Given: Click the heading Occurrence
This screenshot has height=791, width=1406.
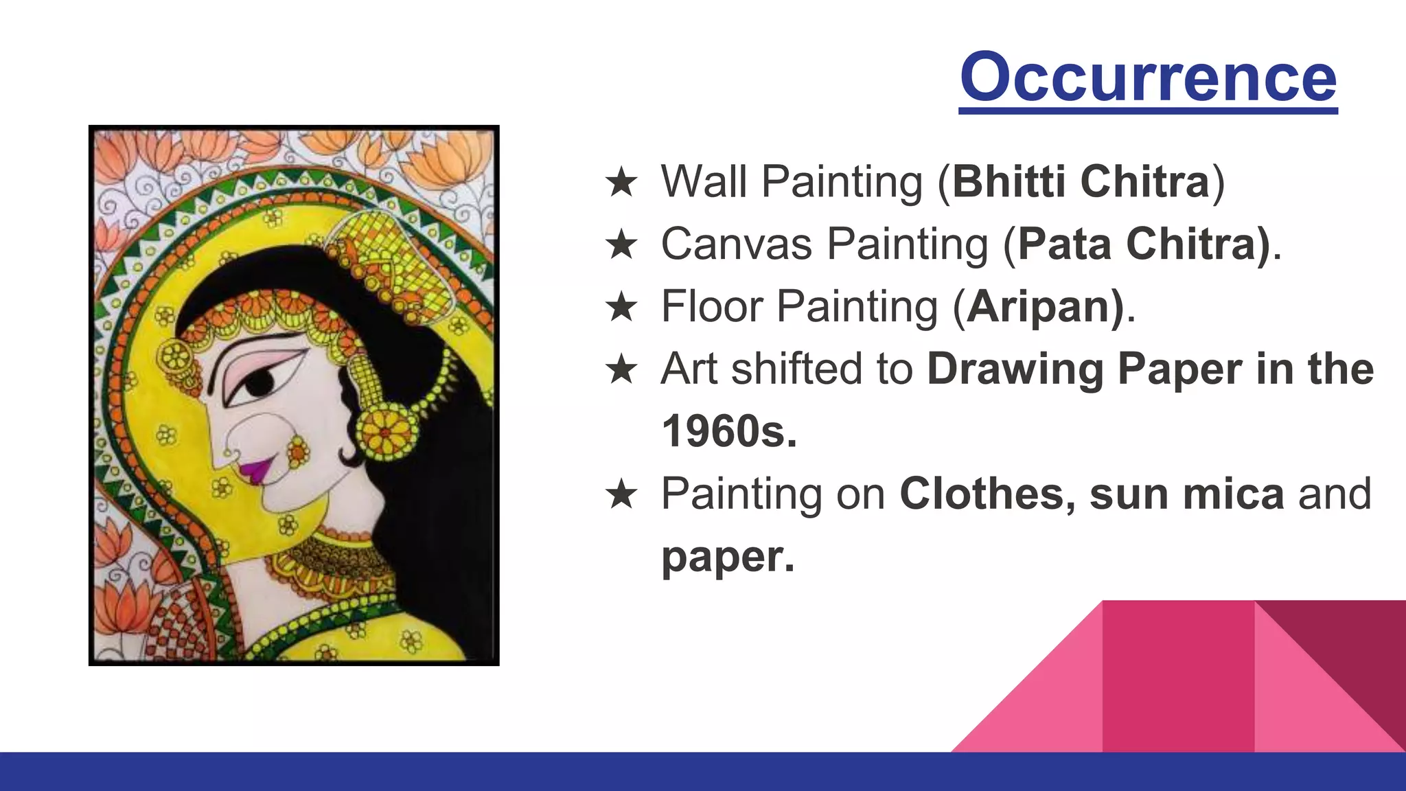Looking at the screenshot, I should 1148,77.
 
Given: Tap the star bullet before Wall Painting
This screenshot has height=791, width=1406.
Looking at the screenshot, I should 621,183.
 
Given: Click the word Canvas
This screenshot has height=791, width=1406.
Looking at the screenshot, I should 736,244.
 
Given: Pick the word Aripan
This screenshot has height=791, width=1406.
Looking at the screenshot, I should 1039,306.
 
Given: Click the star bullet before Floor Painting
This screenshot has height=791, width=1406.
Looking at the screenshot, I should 621,307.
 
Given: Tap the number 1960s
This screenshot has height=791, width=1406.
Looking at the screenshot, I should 729,431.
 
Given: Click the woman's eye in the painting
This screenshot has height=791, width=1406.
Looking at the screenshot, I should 260,381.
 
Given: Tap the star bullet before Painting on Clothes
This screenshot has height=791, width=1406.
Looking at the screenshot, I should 621,494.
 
